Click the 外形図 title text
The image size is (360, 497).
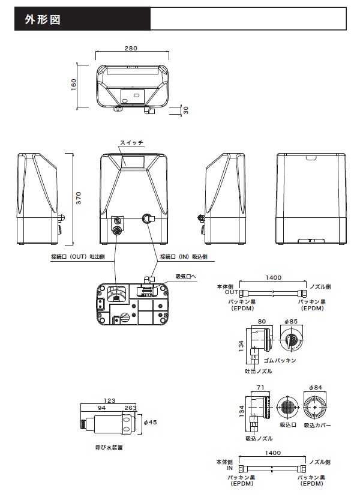[x=41, y=19]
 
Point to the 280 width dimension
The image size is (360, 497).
[x=133, y=48]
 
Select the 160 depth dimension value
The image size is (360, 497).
[x=74, y=84]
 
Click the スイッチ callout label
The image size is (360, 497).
[x=131, y=142]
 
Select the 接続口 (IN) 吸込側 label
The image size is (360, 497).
[x=184, y=256]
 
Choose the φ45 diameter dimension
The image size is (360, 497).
[x=150, y=422]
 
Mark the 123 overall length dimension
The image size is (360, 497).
[x=109, y=400]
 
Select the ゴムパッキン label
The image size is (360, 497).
[x=280, y=361]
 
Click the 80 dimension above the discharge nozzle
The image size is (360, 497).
[x=261, y=322]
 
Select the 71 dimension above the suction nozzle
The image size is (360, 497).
[x=259, y=388]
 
